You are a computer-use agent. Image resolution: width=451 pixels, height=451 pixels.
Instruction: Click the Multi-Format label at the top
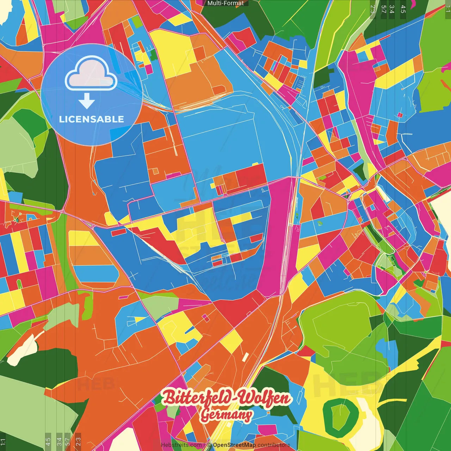click(x=225, y=3)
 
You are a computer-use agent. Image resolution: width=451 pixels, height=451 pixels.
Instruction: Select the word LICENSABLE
click(x=92, y=119)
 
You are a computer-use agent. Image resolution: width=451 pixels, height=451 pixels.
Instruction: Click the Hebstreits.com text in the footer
click(x=181, y=445)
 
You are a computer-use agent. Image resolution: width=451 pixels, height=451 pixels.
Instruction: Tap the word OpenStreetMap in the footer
click(x=234, y=445)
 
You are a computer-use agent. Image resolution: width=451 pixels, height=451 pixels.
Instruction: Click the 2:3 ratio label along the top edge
click(x=373, y=9)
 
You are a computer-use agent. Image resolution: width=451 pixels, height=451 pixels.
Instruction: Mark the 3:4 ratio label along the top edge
click(x=392, y=9)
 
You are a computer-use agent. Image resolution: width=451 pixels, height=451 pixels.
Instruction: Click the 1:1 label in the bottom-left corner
click(x=3, y=442)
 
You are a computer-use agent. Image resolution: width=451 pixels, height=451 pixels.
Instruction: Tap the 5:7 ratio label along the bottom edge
click(x=67, y=442)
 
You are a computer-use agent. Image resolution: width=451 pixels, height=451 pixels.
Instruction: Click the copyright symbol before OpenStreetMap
click(x=209, y=445)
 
